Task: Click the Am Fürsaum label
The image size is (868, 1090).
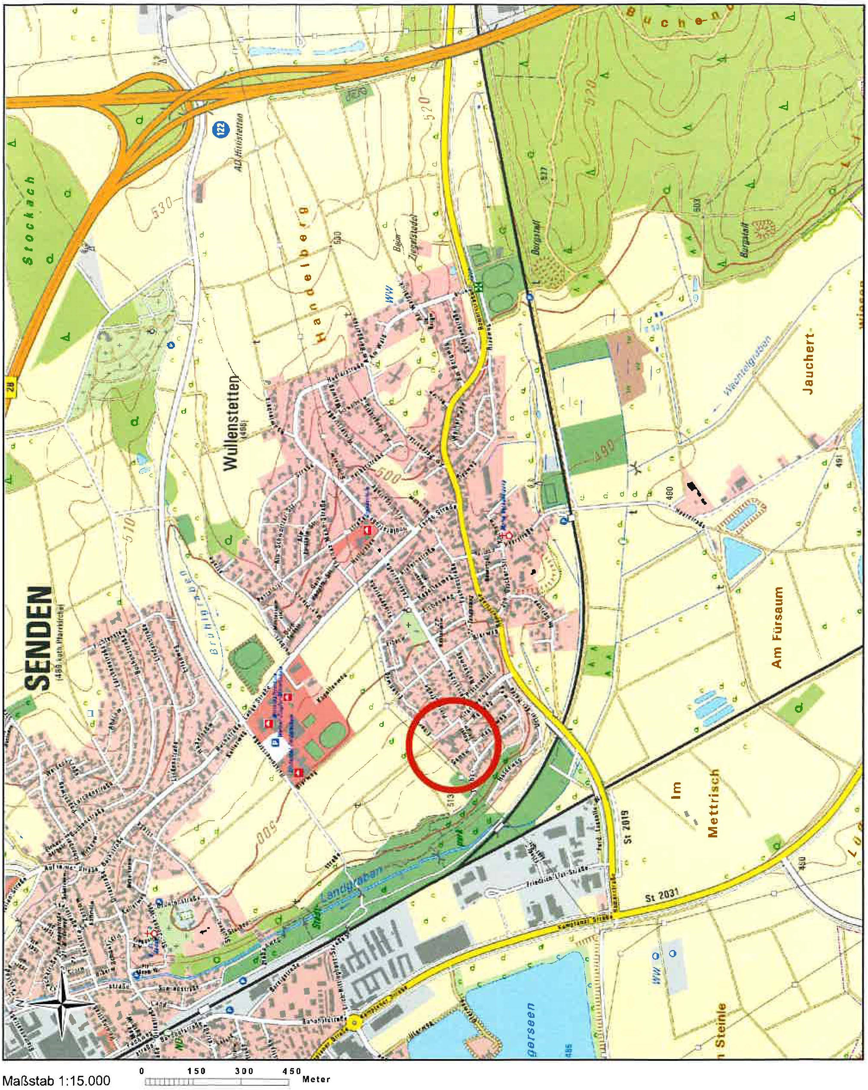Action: (x=777, y=627)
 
